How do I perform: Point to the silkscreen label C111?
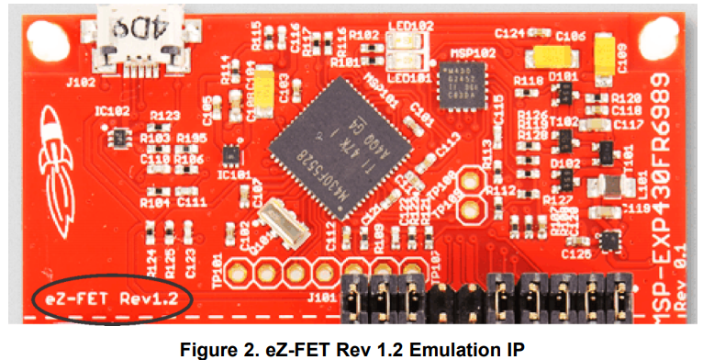[x=192, y=201]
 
